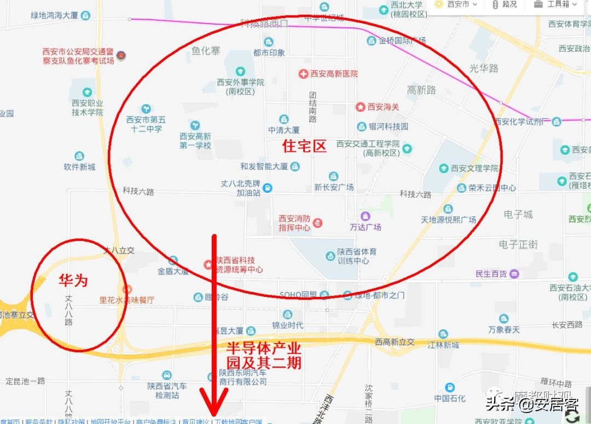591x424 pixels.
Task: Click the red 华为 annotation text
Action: coord(73,281)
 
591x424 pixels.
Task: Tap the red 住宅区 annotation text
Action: coord(304,146)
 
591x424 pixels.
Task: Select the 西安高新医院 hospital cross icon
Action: coord(303,73)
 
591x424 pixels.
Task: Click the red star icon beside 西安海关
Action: coord(360,107)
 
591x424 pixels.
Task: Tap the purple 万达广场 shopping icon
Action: coord(365,216)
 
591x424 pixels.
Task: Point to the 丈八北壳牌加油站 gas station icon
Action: coord(267,188)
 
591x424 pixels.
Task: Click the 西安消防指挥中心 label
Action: coord(294,222)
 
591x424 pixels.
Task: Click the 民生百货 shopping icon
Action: coord(514,273)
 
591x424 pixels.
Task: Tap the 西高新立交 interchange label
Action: coord(395,342)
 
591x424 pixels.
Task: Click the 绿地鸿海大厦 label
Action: coord(55,15)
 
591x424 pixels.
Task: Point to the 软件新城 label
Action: coord(79,167)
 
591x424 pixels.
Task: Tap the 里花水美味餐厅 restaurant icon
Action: coord(128,289)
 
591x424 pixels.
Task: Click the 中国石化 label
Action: coord(450,398)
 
